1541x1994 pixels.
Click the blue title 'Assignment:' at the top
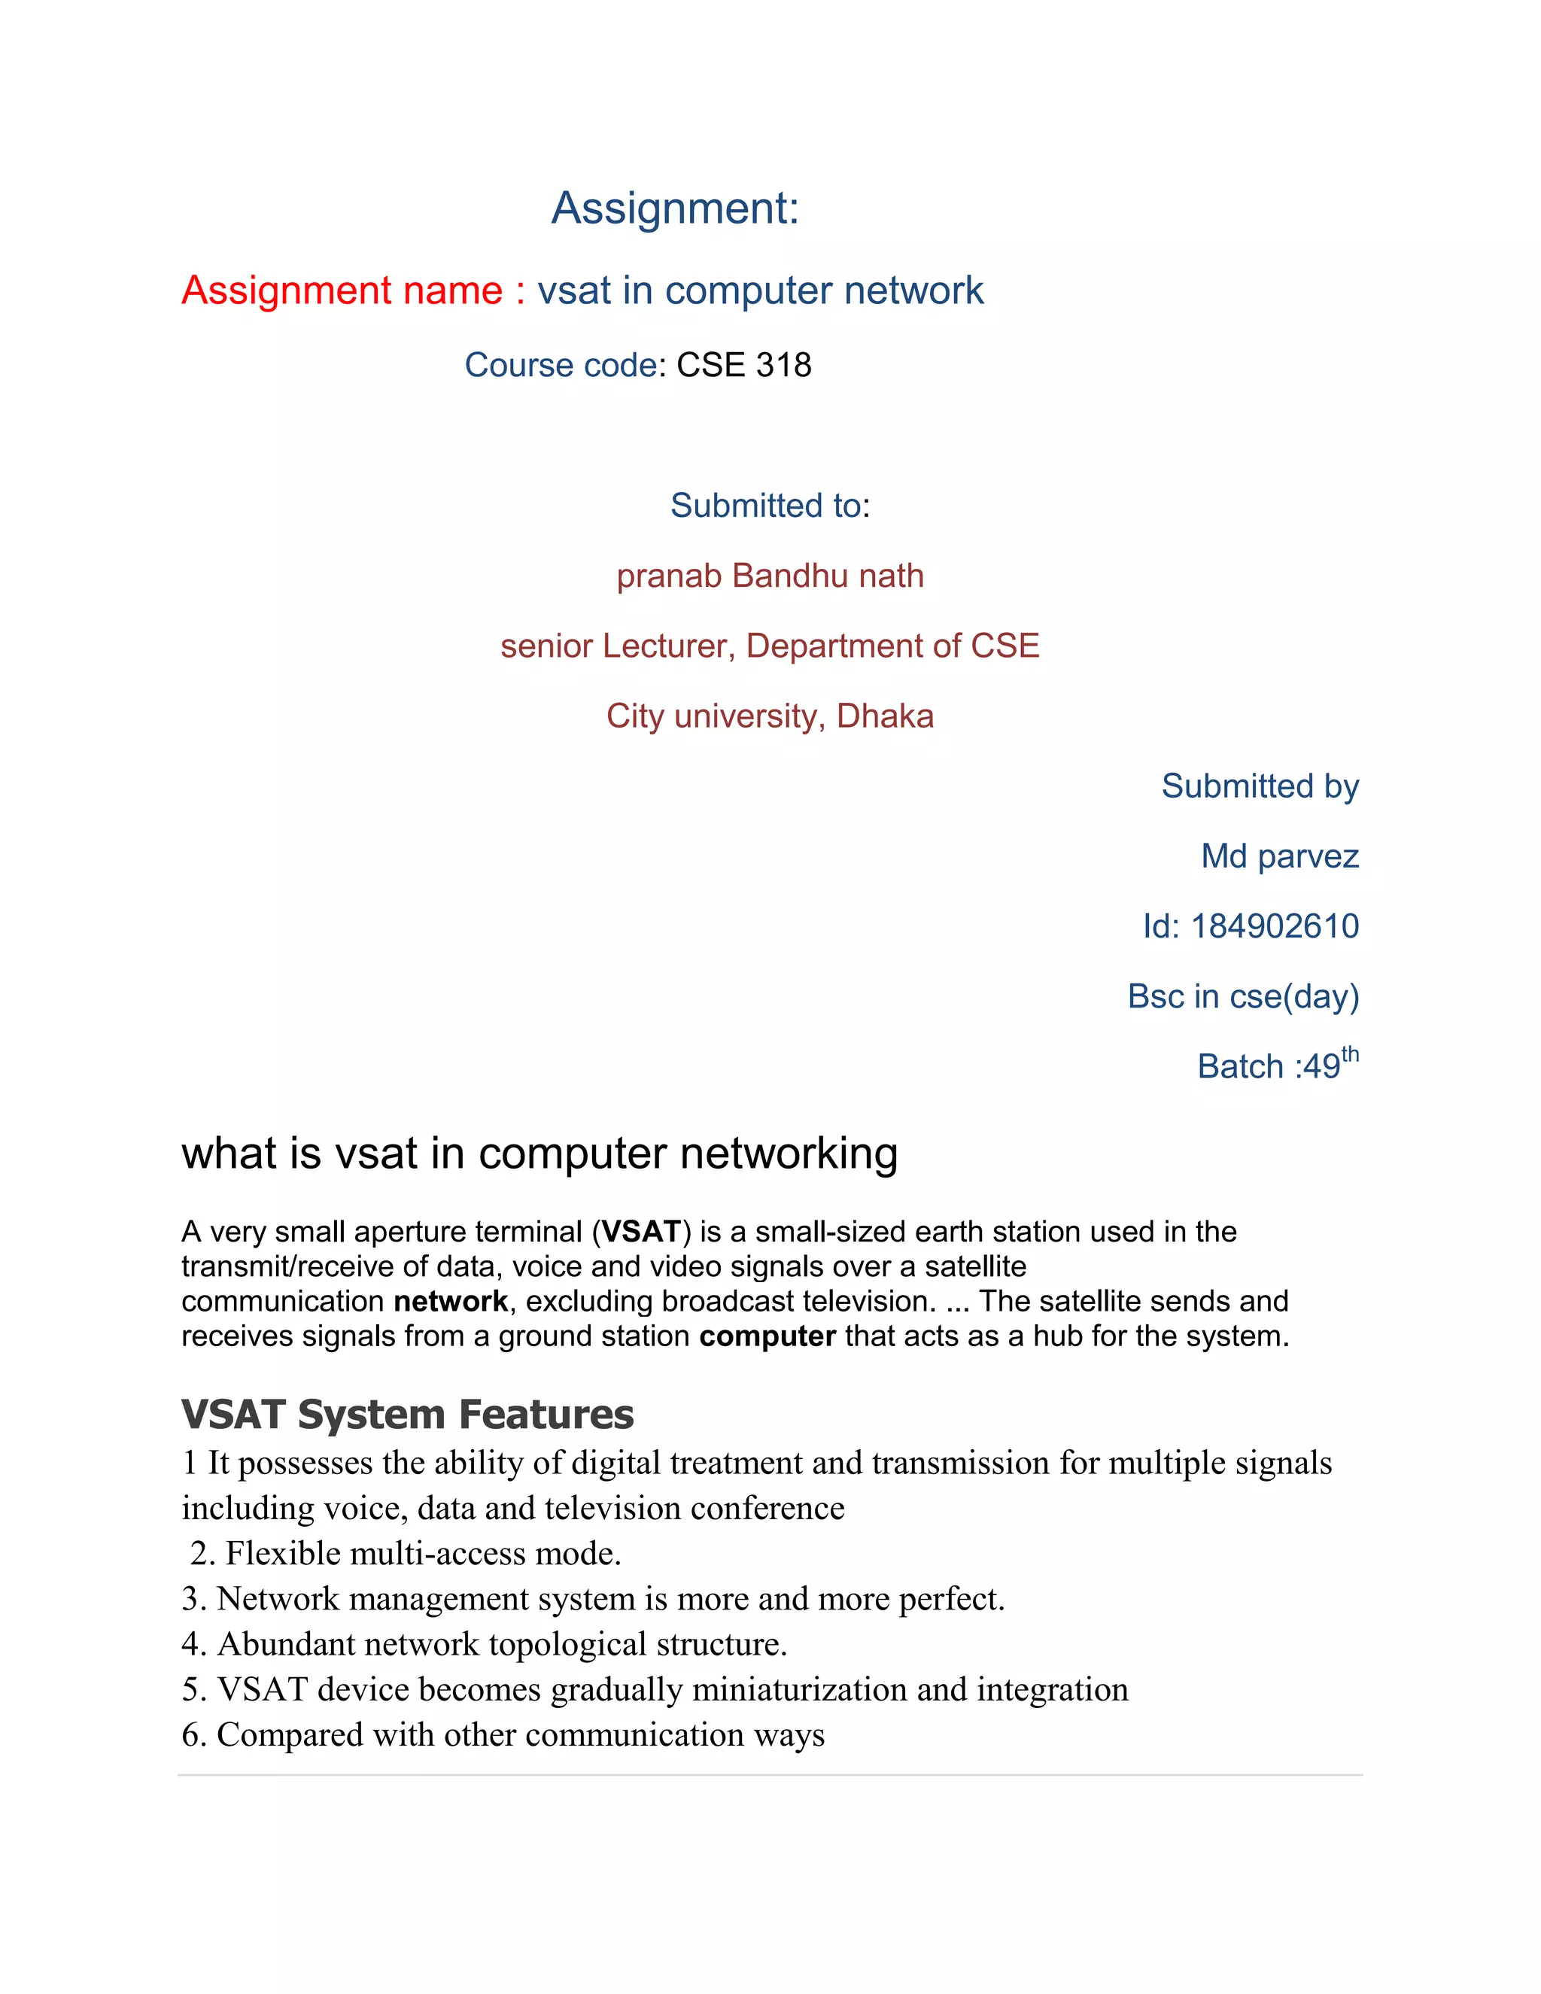pos(676,208)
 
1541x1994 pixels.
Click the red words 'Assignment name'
pos(342,290)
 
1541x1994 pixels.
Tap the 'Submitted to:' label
pos(770,506)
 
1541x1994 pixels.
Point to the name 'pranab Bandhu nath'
pos(770,576)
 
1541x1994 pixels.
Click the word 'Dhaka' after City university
pos(885,716)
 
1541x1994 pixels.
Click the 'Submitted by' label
pos(1259,786)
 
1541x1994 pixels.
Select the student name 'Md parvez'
pos(1279,856)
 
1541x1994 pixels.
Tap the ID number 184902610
pos(1275,927)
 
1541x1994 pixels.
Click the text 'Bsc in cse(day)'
pos(1242,997)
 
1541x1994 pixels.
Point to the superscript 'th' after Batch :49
pos(1350,1056)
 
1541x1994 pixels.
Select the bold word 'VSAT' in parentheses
pos(641,1232)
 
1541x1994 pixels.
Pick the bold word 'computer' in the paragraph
pos(767,1336)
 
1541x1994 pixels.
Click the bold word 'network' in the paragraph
pos(450,1301)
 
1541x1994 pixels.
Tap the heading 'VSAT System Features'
pos(407,1415)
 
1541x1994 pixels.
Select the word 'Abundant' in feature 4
pos(279,1643)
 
